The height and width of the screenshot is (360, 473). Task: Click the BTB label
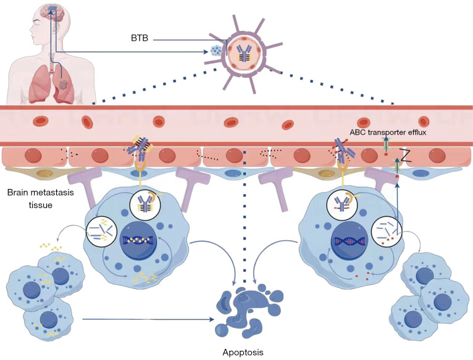click(140, 38)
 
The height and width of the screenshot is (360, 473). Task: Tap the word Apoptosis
click(243, 352)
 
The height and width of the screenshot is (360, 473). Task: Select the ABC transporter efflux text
click(388, 132)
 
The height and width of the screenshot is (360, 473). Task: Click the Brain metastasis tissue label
click(40, 199)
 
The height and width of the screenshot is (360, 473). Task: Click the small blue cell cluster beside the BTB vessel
click(216, 51)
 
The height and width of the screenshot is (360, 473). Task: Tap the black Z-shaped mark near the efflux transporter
click(405, 156)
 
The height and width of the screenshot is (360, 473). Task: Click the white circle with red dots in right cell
click(387, 232)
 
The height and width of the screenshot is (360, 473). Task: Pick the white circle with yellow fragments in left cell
click(101, 232)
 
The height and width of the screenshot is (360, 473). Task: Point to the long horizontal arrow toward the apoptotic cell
click(148, 319)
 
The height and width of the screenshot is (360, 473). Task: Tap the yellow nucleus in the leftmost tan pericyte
click(44, 174)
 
